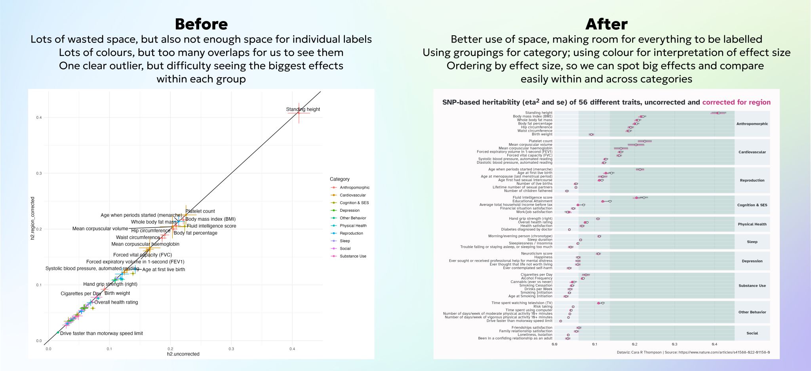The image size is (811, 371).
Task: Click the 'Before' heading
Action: pyautogui.click(x=201, y=24)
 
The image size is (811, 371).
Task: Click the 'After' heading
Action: pyautogui.click(x=606, y=24)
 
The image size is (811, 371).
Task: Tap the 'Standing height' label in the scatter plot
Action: pyautogui.click(x=303, y=109)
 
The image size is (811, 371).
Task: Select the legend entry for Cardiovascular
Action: pyautogui.click(x=352, y=195)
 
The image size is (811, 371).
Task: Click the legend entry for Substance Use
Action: pyautogui.click(x=353, y=256)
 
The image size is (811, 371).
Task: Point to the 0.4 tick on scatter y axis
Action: pyautogui.click(x=39, y=117)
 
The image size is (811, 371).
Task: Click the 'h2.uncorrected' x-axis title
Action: pyautogui.click(x=183, y=354)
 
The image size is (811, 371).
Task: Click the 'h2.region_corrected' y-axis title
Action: pyautogui.click(x=33, y=218)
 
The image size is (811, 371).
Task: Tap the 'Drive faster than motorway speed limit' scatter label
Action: pyautogui.click(x=101, y=333)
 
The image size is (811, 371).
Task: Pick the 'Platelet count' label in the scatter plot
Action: pyautogui.click(x=200, y=211)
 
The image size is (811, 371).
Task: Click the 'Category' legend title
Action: pyautogui.click(x=339, y=179)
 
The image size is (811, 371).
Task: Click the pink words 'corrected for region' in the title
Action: pyautogui.click(x=736, y=102)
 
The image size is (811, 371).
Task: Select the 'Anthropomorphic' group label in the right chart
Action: pyautogui.click(x=752, y=124)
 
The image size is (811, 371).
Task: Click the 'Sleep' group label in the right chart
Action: pyautogui.click(x=752, y=242)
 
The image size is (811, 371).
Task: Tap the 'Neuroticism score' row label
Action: pyautogui.click(x=536, y=254)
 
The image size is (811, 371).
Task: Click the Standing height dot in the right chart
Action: pyautogui.click(x=718, y=113)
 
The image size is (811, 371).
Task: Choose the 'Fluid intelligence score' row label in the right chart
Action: pyautogui.click(x=532, y=197)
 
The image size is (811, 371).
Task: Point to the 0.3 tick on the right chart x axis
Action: pyautogui.click(x=674, y=344)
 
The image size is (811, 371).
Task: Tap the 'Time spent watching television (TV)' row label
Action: pyautogui.click(x=522, y=303)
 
